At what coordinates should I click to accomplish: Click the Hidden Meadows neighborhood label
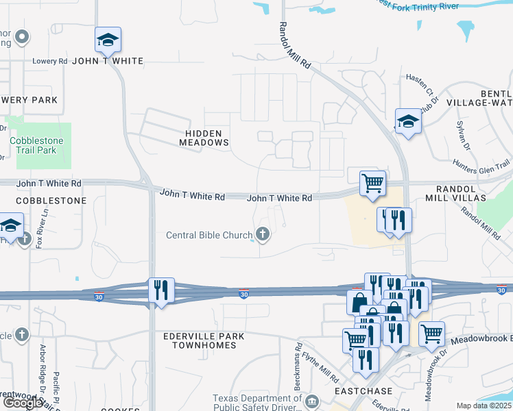point(204,137)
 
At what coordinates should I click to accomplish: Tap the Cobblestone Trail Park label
point(36,145)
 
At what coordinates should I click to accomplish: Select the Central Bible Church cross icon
point(261,235)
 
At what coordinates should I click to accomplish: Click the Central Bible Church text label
point(209,236)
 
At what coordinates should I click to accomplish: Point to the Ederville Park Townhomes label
point(200,341)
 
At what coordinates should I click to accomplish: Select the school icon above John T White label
point(108,40)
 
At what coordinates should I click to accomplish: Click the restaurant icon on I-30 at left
point(161,290)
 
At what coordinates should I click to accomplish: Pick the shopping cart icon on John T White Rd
point(372,184)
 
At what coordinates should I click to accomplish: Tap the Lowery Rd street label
point(50,61)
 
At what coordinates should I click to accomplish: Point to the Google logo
point(22,403)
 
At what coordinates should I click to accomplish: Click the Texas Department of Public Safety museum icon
point(312,401)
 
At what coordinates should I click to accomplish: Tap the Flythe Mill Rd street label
point(325,367)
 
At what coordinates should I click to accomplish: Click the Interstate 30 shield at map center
point(244,295)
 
